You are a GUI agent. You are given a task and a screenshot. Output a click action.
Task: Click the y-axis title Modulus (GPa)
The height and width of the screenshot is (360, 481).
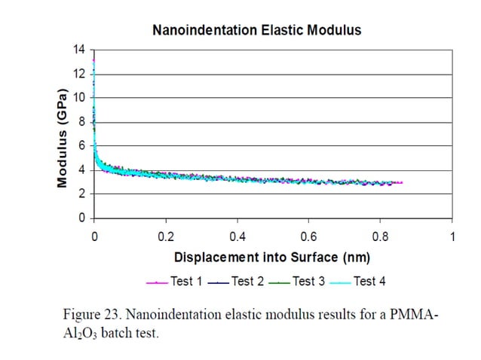[x=64, y=139]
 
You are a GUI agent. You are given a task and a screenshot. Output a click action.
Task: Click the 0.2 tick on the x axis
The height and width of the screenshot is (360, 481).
[x=165, y=236]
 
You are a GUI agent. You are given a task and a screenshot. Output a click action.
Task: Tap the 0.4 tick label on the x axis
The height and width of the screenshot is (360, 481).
[x=237, y=236]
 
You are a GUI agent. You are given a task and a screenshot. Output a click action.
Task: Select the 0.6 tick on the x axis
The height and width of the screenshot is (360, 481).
[x=308, y=236]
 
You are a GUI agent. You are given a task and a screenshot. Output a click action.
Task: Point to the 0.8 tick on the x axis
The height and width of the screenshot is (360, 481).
[x=380, y=236]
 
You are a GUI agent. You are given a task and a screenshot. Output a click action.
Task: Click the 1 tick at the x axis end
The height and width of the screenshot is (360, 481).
[x=452, y=236]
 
